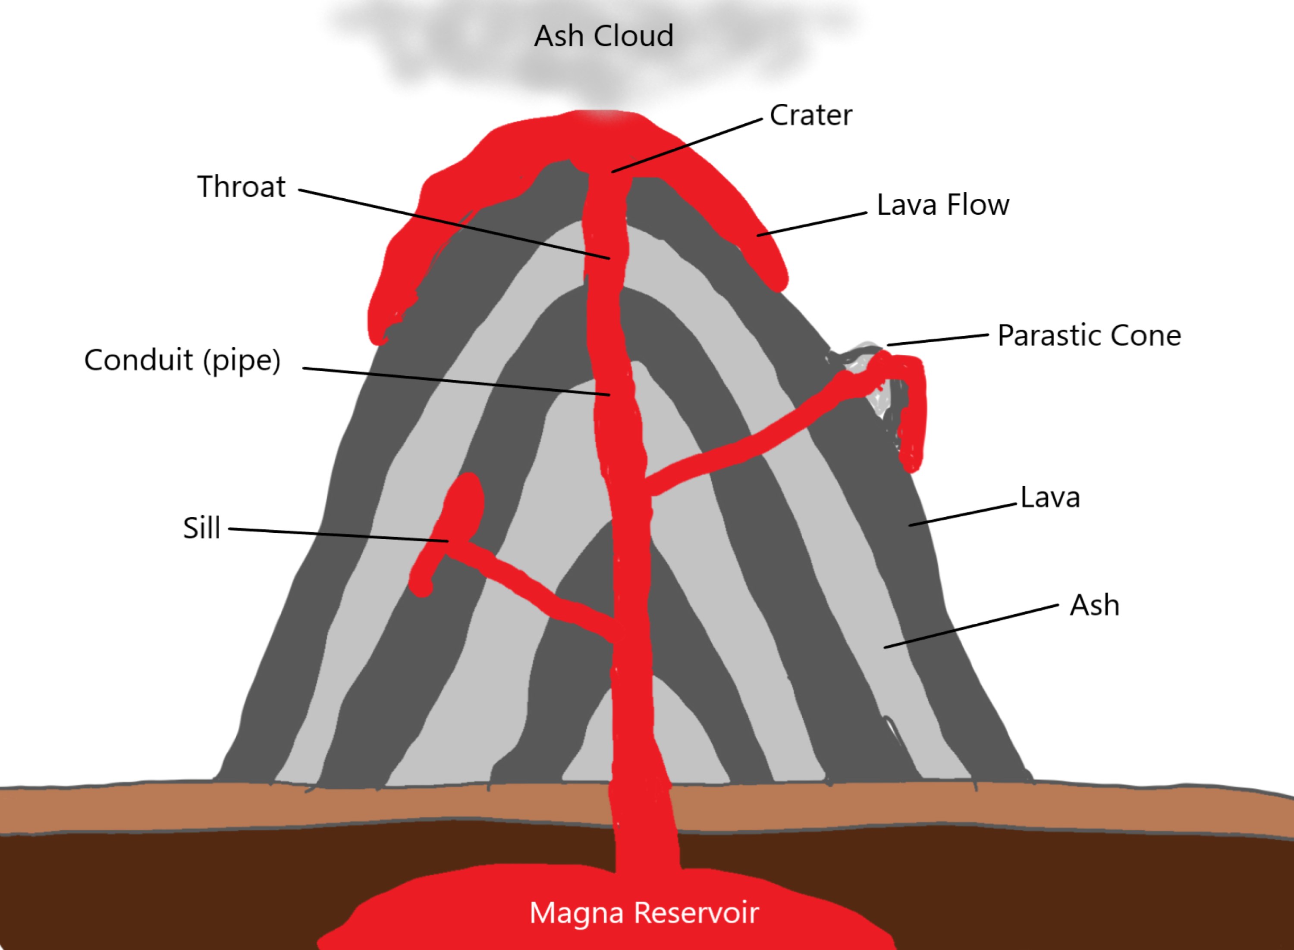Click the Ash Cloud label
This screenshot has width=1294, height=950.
603,36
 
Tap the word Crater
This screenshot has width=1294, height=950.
811,116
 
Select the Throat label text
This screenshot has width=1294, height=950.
241,187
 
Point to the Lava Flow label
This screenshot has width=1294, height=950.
942,205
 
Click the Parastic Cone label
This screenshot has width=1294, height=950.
1089,336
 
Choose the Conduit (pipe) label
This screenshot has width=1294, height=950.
182,361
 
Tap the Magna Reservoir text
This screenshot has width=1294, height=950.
644,912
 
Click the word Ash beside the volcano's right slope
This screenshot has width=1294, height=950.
1094,606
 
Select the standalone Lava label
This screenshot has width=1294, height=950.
1050,498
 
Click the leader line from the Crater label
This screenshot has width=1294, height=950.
688,146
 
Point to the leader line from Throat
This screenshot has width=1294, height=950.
455,224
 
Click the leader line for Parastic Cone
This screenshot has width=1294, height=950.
938,340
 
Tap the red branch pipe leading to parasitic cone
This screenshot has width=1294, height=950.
748,446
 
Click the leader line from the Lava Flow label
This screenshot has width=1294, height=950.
812,224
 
